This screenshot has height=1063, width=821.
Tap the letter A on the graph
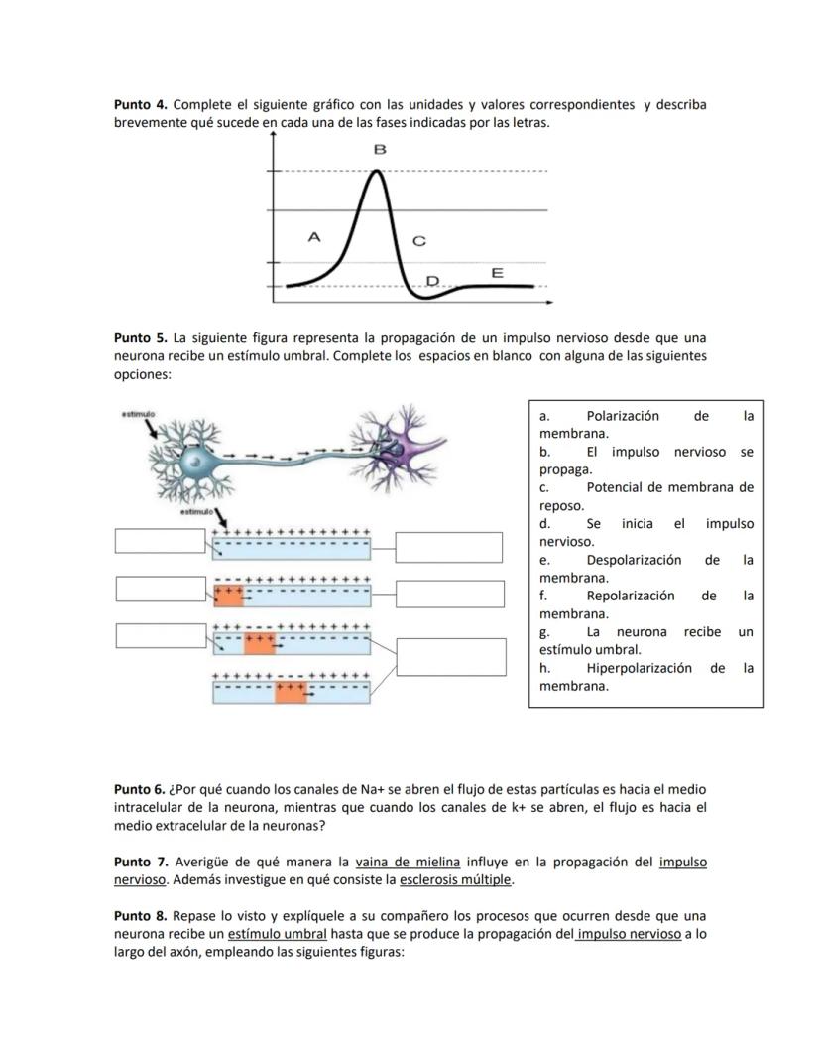(314, 237)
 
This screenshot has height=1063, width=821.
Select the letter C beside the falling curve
(418, 241)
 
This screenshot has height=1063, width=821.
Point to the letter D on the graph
(432, 281)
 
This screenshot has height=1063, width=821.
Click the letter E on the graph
(497, 272)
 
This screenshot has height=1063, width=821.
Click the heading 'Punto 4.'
(140, 104)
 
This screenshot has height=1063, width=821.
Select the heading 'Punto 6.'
(140, 789)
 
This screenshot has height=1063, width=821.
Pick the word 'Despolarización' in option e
(634, 560)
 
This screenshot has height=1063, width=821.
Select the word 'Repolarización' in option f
(630, 596)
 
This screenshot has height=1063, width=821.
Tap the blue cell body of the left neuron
(199, 462)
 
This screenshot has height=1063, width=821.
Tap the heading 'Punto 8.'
(140, 915)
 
